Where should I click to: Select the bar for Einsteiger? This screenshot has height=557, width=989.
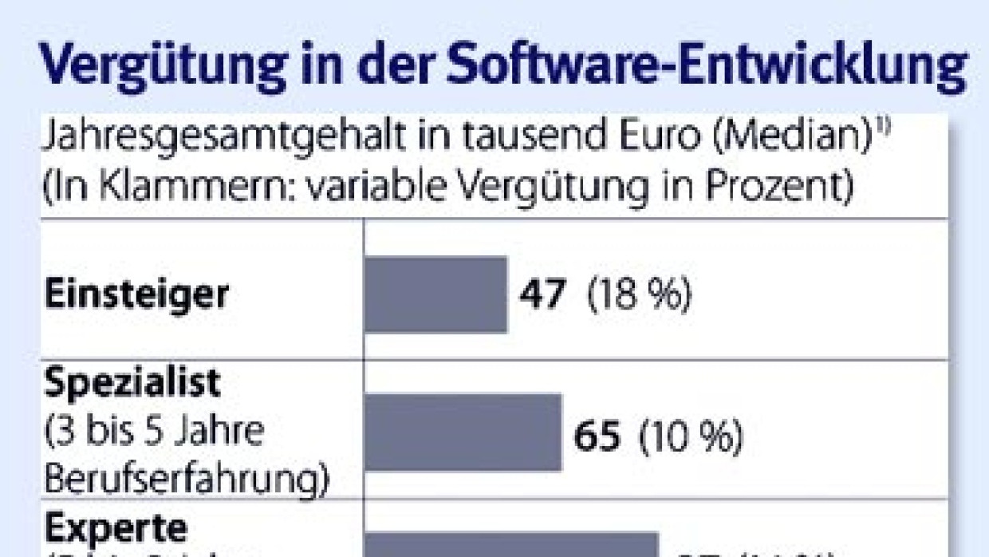click(x=435, y=294)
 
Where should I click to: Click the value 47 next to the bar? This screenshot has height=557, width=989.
click(x=542, y=296)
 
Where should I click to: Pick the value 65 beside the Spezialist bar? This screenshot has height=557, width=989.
click(x=597, y=437)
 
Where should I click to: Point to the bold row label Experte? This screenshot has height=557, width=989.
click(x=116, y=527)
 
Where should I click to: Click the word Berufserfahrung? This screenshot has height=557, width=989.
click(x=186, y=481)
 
